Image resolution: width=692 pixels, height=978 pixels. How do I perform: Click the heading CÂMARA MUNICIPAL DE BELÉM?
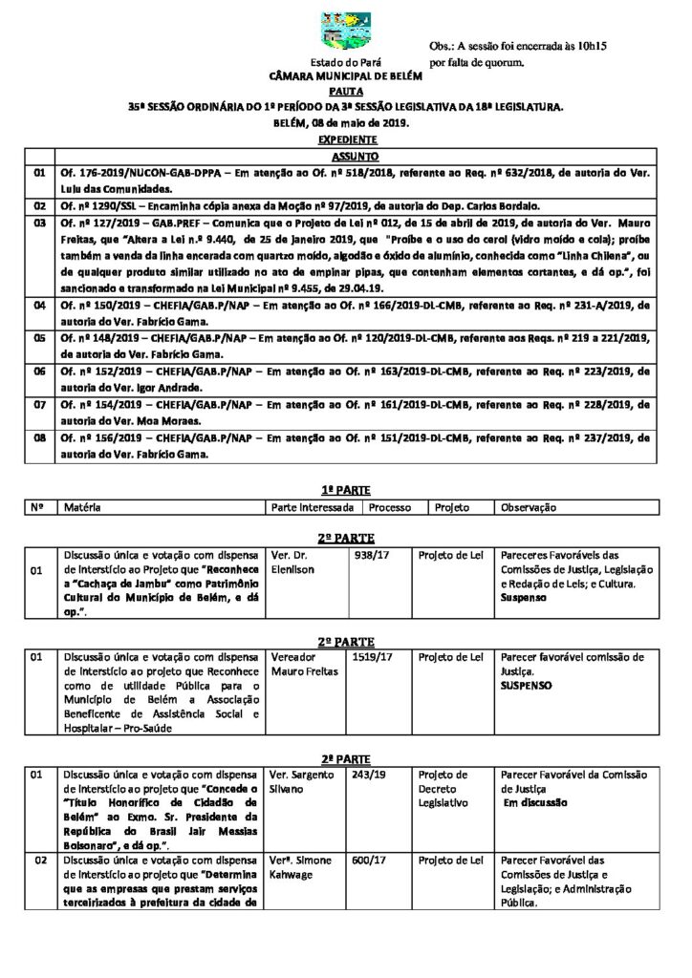345,74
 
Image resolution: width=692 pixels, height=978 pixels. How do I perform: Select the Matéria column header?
83,508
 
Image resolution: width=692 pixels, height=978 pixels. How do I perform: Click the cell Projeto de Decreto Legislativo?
444,789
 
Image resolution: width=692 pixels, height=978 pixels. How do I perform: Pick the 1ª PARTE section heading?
345,487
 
